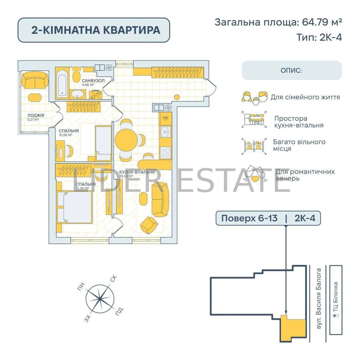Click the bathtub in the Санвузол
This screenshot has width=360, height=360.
coord(62,85)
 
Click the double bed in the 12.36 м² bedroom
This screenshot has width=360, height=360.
coord(75,207)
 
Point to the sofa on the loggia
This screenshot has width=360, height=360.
coord(35,80)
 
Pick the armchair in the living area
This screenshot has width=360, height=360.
coord(149,225)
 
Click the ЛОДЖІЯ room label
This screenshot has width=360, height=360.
coord(36,115)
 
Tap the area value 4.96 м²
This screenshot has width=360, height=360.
coord(88,85)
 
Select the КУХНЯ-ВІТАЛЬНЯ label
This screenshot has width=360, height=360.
coord(137,172)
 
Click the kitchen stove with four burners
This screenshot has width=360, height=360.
coord(166,152)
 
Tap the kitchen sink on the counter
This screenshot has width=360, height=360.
coord(166,132)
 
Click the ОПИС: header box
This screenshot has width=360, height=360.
coord(292,70)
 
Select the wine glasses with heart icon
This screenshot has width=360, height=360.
coord(256,174)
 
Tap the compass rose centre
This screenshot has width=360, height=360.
coord(100,299)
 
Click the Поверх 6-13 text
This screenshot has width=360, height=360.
coord(249,218)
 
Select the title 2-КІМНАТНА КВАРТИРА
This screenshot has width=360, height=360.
coord(96,30)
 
